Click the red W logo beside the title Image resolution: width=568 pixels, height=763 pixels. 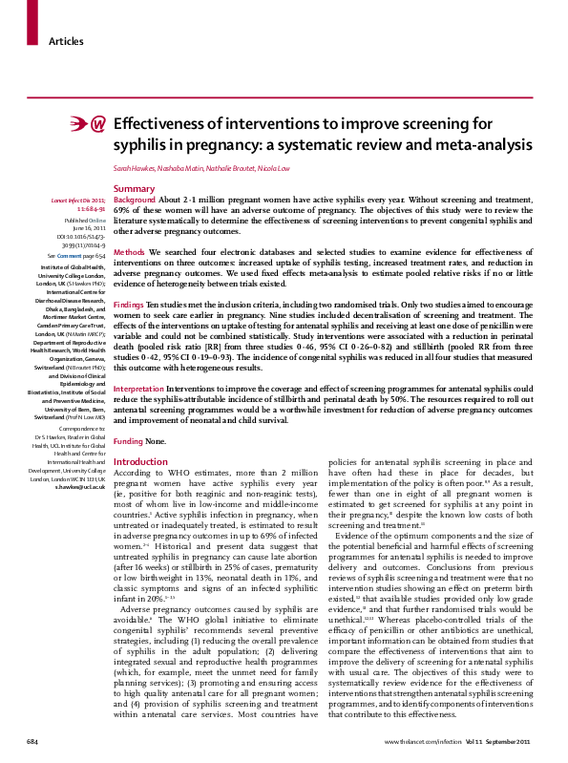97,126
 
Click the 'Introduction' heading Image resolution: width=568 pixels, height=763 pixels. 140,462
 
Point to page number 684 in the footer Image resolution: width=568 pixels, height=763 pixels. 32,742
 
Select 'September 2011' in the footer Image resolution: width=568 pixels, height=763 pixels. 515,742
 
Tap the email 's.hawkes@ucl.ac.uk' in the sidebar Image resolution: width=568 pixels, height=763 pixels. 80,486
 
